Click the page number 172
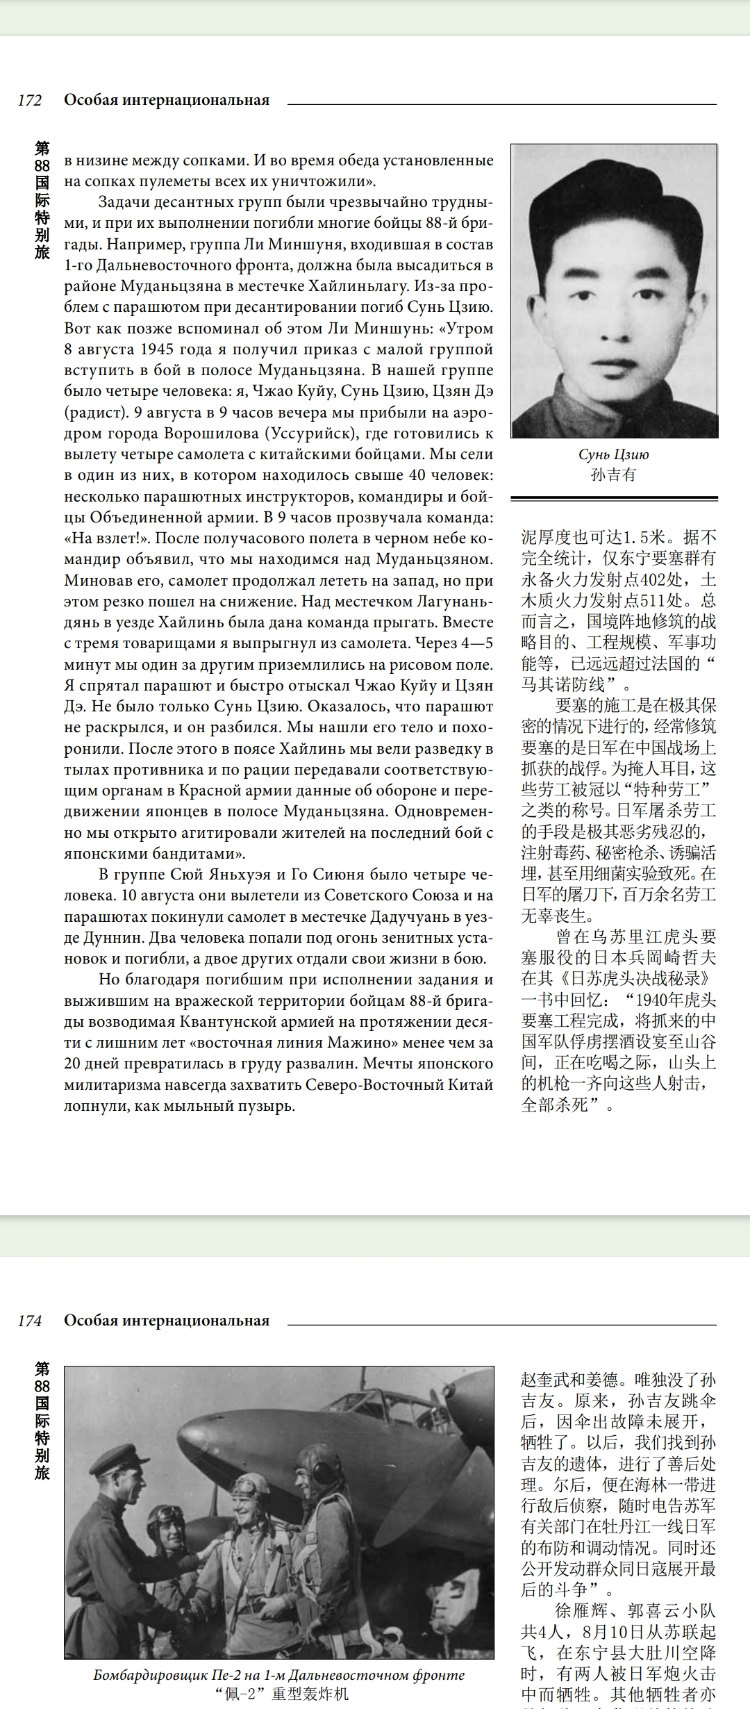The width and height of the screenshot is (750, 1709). point(30,101)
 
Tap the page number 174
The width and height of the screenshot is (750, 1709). point(30,1321)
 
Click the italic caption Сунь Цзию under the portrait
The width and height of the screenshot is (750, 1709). point(613,454)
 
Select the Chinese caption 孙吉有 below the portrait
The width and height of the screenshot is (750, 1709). point(613,475)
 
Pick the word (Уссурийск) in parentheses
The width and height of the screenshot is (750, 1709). point(313,434)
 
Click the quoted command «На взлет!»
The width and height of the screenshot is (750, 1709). point(107,538)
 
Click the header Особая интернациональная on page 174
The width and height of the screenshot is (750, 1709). point(167,1321)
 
